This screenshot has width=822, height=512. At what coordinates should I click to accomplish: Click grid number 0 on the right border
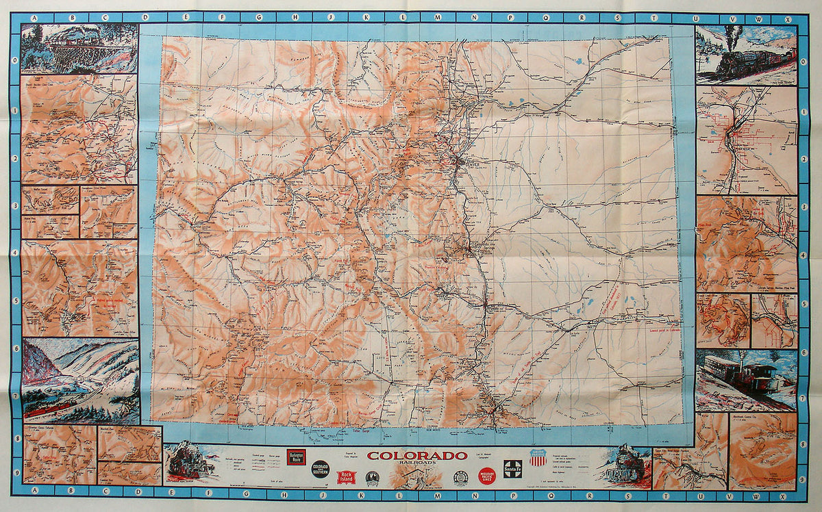click(x=803, y=60)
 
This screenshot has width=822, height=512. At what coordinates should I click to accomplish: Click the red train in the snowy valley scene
click(x=51, y=409)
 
